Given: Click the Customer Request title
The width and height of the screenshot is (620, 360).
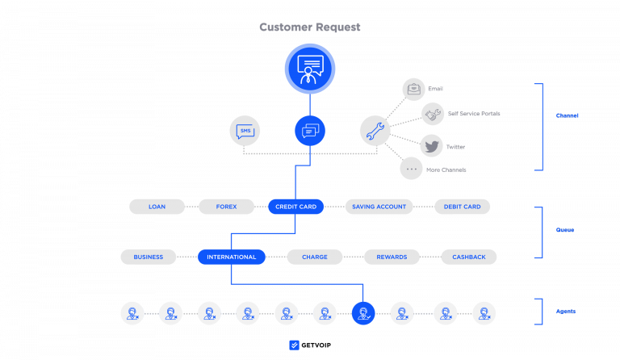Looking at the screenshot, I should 309,27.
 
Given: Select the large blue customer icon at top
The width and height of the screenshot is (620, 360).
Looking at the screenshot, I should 309,68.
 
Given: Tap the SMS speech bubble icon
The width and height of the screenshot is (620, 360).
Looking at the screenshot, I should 245,131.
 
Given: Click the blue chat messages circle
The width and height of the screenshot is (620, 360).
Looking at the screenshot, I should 310,131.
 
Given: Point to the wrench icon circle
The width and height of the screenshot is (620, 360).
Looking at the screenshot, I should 375,131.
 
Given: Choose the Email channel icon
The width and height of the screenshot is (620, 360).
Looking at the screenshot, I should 413,88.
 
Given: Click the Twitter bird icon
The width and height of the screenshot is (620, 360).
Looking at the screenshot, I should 432,146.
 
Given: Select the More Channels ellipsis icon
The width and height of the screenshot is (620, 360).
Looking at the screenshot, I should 412,169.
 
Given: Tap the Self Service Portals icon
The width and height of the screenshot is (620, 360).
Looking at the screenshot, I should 434,114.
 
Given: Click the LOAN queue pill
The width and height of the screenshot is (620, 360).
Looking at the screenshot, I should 157,207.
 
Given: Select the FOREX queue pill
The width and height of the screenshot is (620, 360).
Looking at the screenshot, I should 226,207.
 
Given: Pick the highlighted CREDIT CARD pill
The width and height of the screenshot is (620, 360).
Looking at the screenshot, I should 295,207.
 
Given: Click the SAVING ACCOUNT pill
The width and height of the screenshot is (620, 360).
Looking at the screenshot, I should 379,207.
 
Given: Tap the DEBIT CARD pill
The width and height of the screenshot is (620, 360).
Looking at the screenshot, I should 462,207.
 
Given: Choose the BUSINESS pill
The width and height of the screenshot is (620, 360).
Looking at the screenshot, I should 149,257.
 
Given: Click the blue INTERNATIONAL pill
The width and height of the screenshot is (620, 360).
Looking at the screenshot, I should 232,257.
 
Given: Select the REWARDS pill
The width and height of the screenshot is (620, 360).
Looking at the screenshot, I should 392,257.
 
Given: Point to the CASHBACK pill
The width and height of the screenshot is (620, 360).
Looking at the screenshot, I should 469,257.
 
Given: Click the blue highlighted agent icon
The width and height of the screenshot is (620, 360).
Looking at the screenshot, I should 363,312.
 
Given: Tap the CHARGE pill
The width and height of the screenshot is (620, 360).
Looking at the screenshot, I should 315,257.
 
